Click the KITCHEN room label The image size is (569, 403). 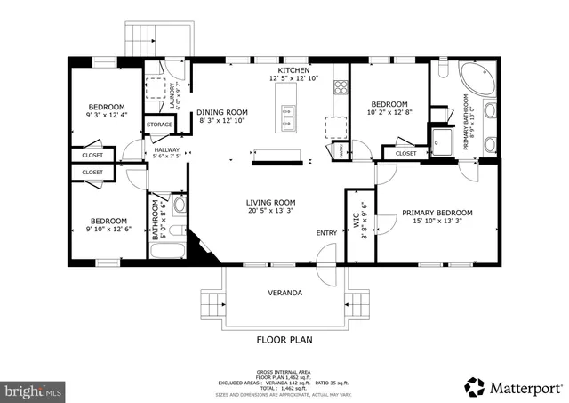[x=293, y=70]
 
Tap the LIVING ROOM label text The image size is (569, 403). [x=271, y=203]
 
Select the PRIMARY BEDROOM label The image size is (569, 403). [x=437, y=213]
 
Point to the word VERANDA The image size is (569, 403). [x=285, y=293]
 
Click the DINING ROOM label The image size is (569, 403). [x=222, y=112]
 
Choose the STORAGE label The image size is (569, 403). [x=160, y=125]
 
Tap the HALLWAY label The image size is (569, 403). [x=167, y=149]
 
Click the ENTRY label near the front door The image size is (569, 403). [x=326, y=233]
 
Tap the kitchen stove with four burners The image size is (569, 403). [x=340, y=87]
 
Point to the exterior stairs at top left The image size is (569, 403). [x=141, y=37]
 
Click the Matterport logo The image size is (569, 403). [x=513, y=388]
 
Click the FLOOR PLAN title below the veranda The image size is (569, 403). [x=284, y=339]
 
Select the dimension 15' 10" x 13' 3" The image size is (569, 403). [x=437, y=222]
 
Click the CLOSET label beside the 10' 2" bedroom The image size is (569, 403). [x=405, y=153]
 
